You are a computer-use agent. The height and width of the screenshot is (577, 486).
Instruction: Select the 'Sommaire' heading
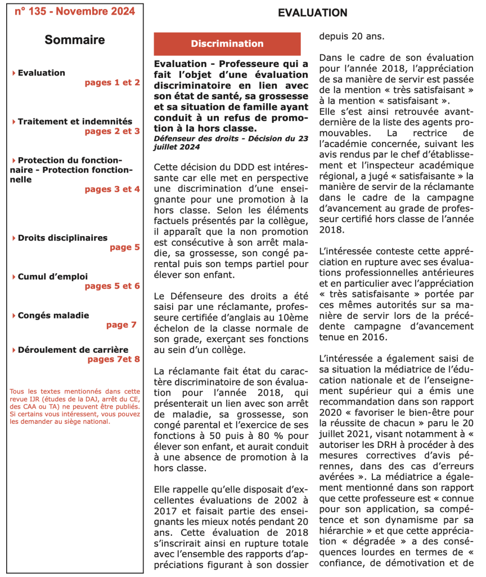pos(75,40)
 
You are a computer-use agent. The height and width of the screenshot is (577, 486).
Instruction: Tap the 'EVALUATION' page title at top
pos(313,13)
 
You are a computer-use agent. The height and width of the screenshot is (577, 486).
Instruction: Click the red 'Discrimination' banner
pos(227,43)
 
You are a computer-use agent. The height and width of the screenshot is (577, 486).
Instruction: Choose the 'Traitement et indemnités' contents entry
pos(75,121)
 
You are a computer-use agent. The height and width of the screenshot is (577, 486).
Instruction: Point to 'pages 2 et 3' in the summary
pos(112,131)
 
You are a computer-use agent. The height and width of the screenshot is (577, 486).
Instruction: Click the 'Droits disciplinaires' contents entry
pos(62,238)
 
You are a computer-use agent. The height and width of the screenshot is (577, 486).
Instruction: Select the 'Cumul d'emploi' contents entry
pos(53,277)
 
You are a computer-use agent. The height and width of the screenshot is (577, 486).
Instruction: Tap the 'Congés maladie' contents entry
pos(53,315)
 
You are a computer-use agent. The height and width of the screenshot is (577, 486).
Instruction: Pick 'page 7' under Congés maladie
pos(121,325)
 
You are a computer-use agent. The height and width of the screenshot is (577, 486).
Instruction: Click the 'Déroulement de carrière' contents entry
pos(73,349)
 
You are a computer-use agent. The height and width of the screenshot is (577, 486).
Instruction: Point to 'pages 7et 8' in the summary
pos(113,359)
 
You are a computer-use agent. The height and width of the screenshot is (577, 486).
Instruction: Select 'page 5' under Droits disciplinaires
pos(124,247)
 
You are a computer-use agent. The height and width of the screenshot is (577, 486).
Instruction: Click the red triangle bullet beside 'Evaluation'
pos(13,73)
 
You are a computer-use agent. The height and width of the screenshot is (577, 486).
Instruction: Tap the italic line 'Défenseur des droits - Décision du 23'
pos(231,138)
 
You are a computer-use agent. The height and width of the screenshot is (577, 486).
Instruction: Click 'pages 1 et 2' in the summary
pos(112,82)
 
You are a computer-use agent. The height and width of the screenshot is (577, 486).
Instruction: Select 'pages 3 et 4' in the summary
pos(112,189)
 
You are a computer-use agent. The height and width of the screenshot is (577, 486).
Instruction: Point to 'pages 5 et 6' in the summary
pos(112,286)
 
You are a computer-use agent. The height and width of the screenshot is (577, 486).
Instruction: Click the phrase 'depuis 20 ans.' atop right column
pos(352,36)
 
